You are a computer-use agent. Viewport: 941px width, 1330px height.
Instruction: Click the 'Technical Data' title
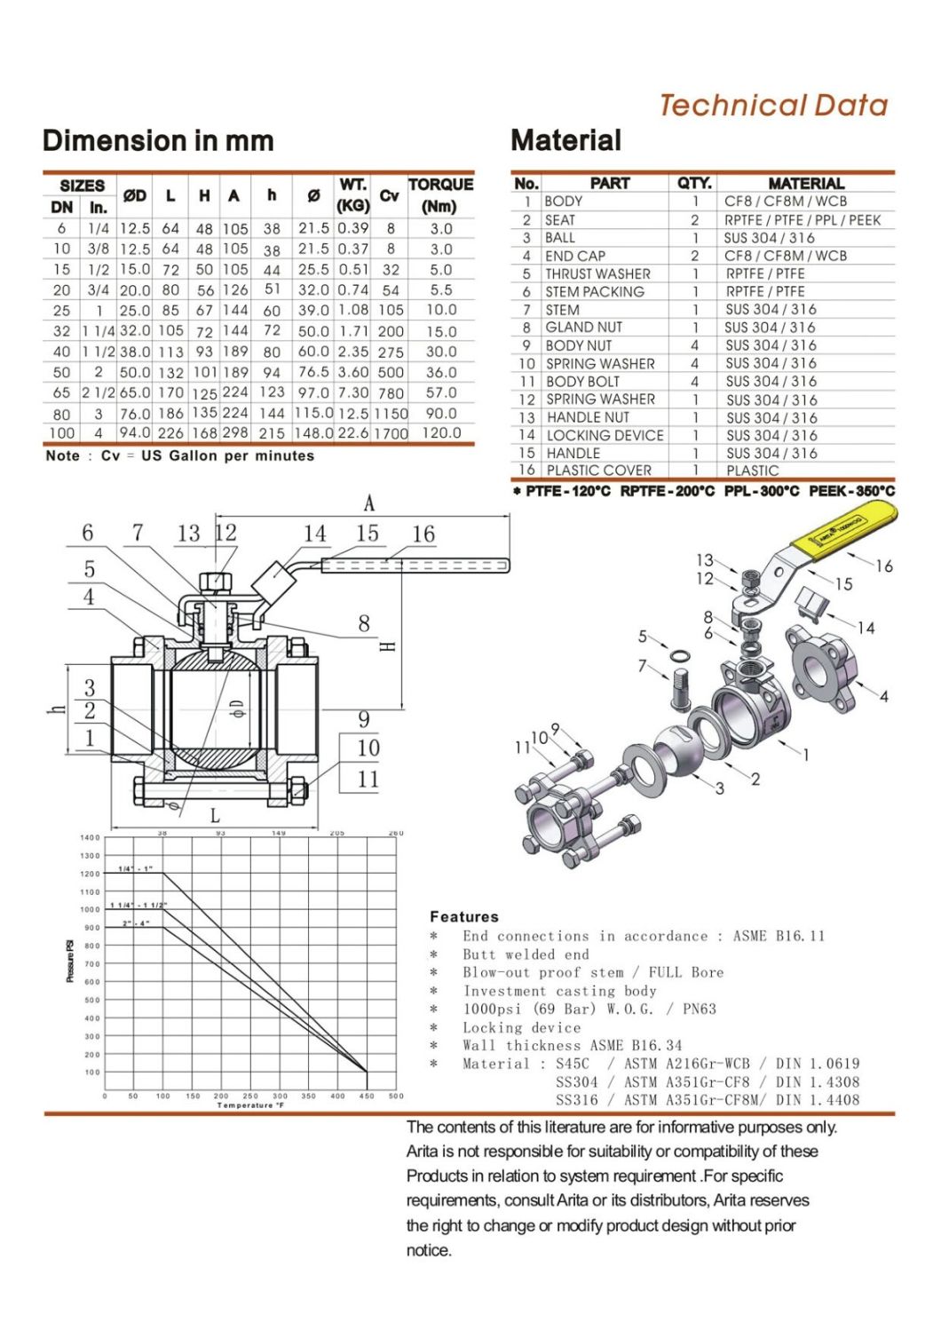[x=772, y=106]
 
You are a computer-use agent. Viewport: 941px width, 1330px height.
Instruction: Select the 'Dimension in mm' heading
[x=158, y=140]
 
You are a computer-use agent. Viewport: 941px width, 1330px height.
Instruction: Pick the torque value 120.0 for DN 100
[x=440, y=433]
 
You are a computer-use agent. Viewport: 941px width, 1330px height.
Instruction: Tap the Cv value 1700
[x=391, y=434]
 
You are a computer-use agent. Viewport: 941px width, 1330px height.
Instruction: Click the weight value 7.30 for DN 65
[x=352, y=392]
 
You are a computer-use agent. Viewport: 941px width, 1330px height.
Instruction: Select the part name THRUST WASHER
[x=597, y=273]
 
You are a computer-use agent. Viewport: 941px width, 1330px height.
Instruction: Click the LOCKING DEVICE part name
[x=605, y=435]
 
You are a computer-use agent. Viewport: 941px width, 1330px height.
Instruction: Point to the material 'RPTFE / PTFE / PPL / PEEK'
[x=803, y=219]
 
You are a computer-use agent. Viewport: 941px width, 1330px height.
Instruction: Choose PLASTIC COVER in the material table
[x=598, y=471]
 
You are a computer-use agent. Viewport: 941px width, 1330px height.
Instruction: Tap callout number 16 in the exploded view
[x=883, y=566]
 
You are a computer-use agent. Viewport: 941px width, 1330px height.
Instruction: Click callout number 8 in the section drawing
[x=364, y=623]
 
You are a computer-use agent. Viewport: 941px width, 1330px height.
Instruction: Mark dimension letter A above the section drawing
[x=369, y=504]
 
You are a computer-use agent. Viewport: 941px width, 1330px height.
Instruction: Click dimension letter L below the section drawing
[x=214, y=816]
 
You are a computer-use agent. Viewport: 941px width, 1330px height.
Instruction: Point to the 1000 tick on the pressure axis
[x=91, y=910]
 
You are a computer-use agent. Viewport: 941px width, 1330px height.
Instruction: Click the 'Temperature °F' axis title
[x=250, y=1105]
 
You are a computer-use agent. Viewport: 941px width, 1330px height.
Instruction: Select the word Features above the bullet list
[x=463, y=916]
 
